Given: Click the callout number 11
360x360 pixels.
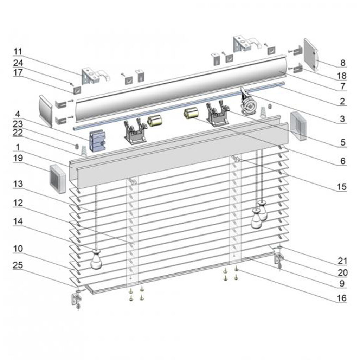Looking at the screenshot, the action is (x=18, y=51).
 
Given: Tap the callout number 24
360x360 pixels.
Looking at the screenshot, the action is (x=18, y=63).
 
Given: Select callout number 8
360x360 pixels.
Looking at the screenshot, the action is (x=342, y=63).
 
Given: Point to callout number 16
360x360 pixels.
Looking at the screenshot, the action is (x=341, y=298).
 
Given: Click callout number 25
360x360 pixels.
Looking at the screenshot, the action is (x=18, y=265).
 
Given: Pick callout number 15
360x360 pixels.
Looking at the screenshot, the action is (x=342, y=187).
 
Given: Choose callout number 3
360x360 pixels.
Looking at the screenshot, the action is (x=342, y=119).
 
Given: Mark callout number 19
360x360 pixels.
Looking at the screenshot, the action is (x=18, y=158).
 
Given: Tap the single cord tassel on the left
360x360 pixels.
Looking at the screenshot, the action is (x=96, y=260).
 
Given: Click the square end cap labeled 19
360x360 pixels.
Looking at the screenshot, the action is (x=58, y=179).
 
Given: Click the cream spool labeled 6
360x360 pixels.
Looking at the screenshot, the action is (x=191, y=114).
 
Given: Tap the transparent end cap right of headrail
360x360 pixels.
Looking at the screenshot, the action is (x=298, y=126).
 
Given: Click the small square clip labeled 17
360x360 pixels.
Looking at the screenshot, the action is (x=77, y=90).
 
